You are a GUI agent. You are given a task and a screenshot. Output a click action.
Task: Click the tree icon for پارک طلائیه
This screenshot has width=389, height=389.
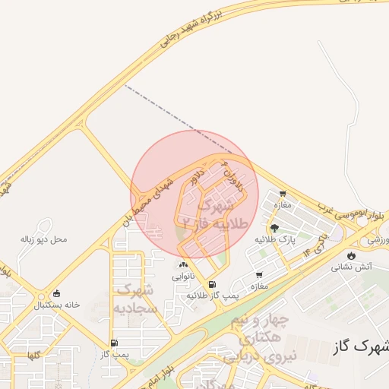coord(274,227)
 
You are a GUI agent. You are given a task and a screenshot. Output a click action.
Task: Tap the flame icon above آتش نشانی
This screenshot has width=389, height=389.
coord(351,255)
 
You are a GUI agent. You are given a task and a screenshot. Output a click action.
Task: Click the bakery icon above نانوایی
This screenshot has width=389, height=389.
coord(183,264)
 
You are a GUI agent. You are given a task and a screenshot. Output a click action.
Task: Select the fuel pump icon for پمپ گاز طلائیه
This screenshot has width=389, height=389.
coord(222,284)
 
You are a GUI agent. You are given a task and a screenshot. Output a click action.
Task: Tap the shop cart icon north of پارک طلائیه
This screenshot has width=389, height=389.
coord(283,194)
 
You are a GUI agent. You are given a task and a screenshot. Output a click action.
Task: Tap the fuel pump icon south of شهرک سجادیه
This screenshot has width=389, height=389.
coord(114,343)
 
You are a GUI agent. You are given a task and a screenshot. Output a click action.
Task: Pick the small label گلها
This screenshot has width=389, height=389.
coord(34,355)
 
